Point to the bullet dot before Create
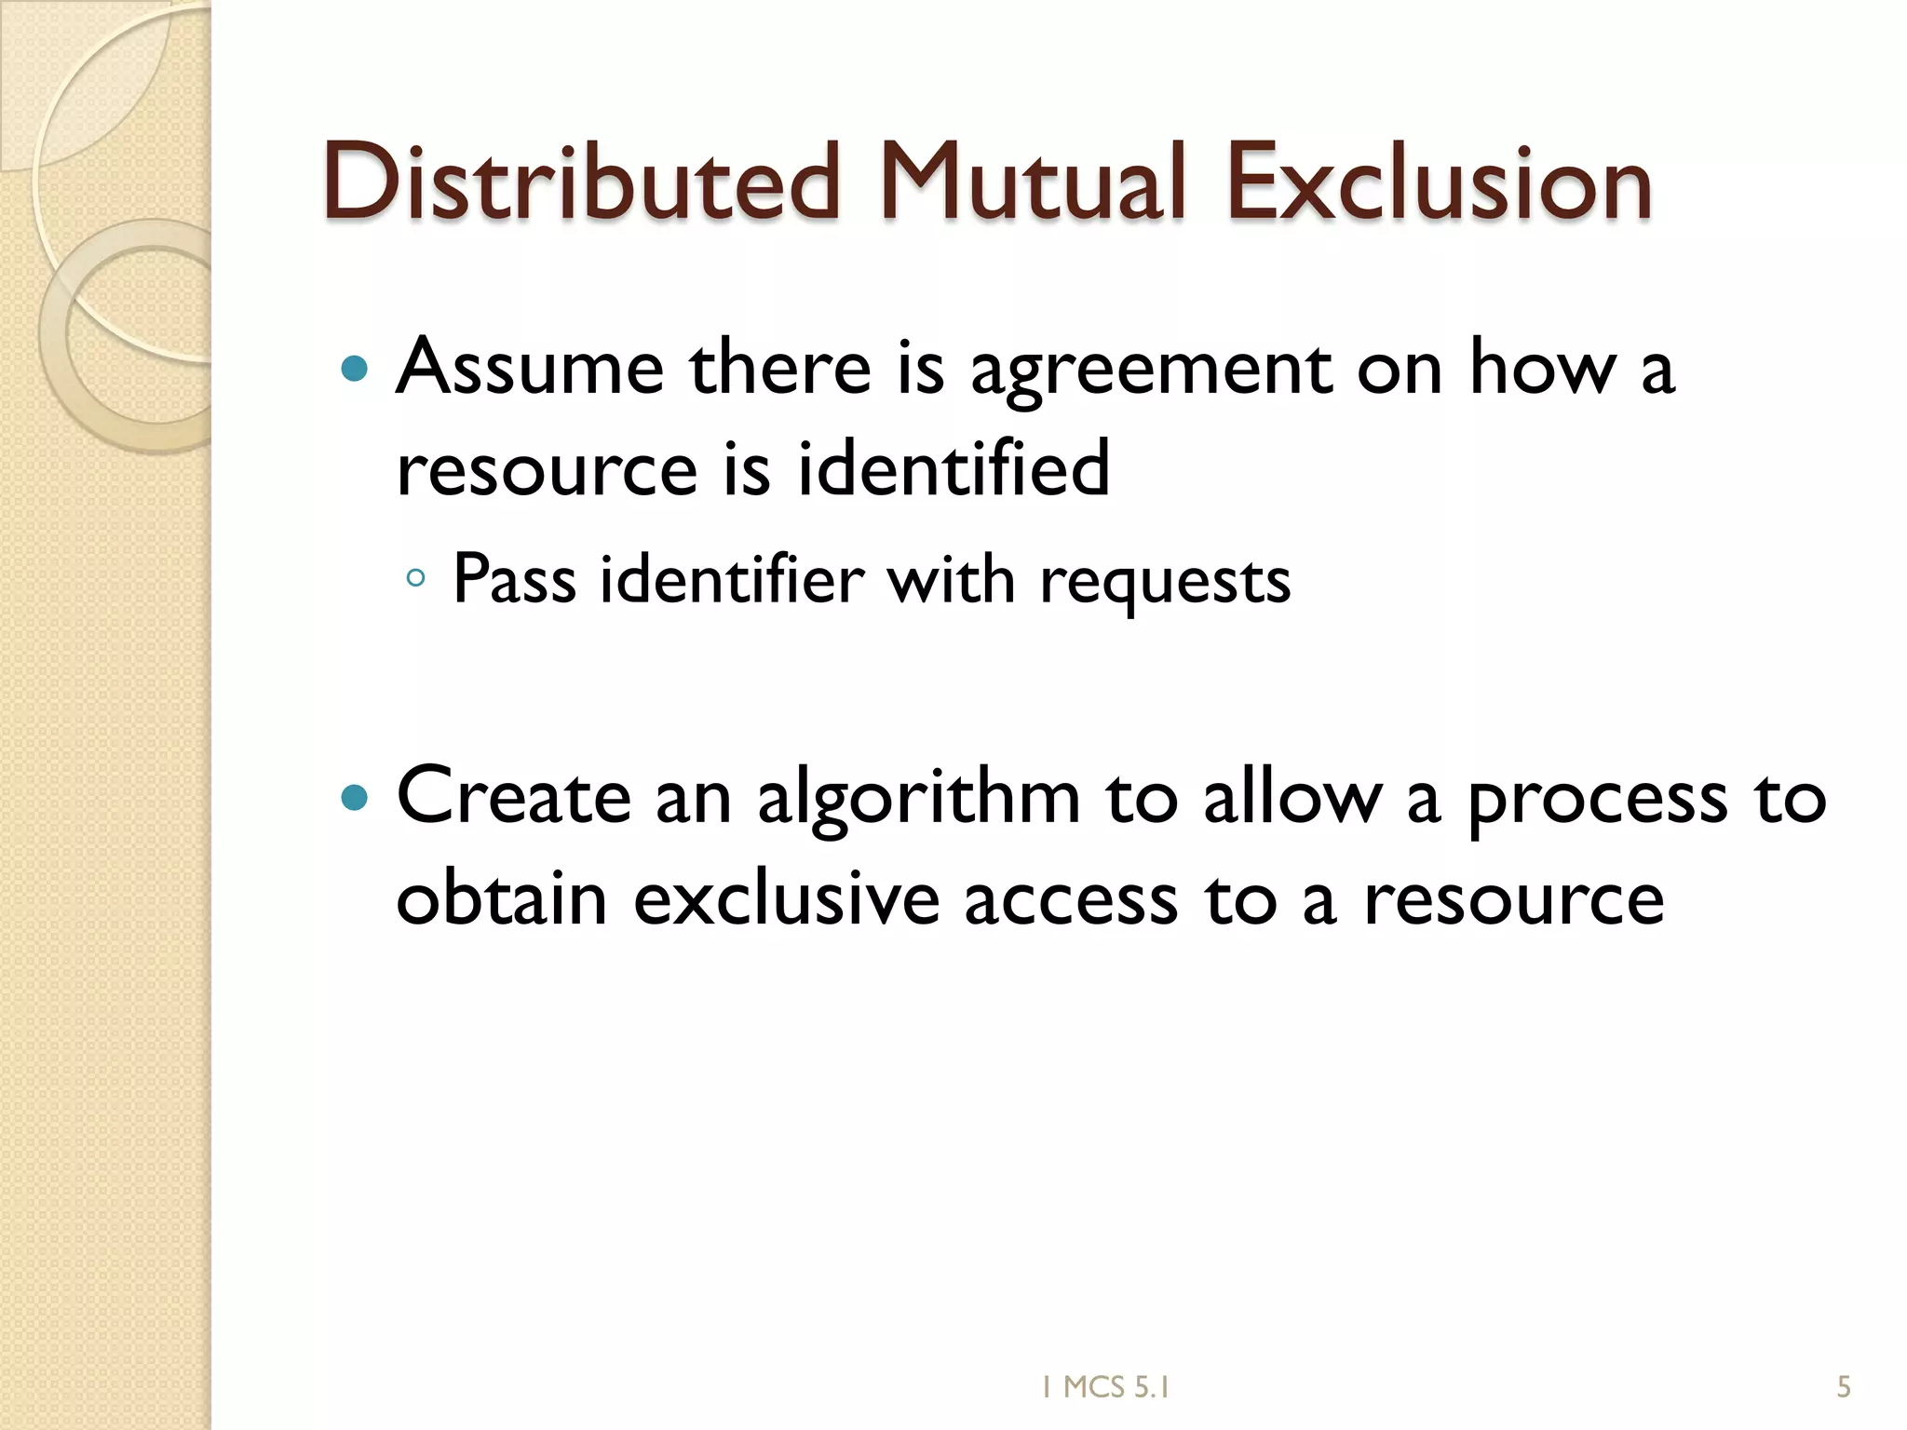[355, 798]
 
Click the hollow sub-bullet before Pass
[416, 579]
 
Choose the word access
[1071, 900]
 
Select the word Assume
[530, 368]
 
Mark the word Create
[513, 797]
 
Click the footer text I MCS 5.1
[1105, 1388]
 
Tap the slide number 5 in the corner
[1844, 1388]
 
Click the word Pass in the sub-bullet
[514, 579]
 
